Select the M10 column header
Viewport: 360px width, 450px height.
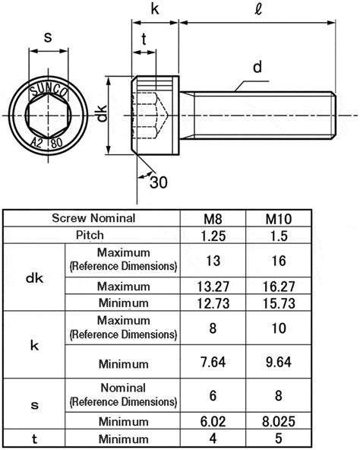point(278,219)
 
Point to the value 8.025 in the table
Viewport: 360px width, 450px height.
point(278,422)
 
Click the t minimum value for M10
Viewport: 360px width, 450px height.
point(278,439)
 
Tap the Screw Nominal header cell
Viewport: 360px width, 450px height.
point(93,219)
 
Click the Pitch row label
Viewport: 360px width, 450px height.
point(93,236)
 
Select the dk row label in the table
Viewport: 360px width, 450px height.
point(34,278)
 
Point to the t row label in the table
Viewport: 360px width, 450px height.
point(34,439)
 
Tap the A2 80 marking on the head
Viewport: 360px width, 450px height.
point(48,142)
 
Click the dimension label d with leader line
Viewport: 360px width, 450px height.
point(257,68)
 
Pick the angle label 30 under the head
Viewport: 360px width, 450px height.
point(158,182)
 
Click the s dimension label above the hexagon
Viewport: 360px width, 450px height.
point(47,36)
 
